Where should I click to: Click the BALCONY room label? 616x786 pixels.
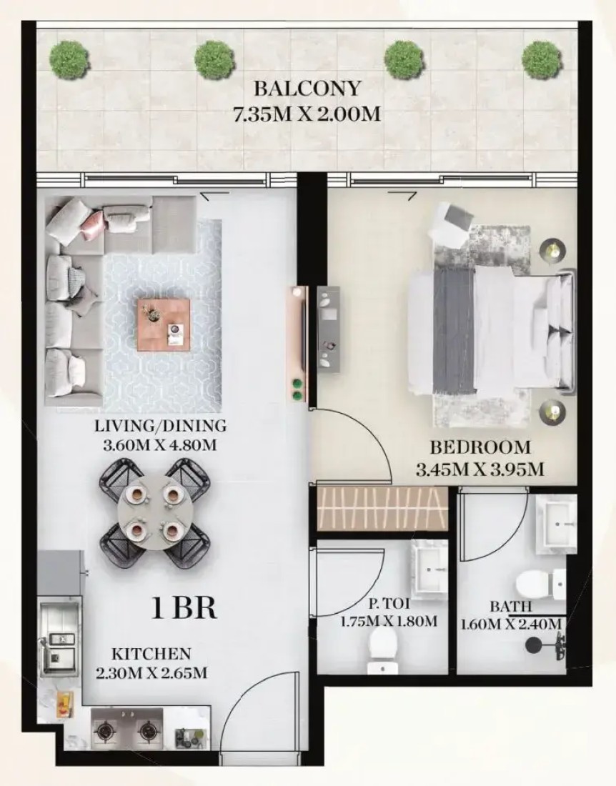(307, 88)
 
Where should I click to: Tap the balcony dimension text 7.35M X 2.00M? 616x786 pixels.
(307, 114)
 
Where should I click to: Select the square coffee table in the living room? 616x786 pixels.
(164, 325)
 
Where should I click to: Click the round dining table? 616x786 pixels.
(154, 512)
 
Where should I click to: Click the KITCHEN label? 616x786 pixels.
(151, 654)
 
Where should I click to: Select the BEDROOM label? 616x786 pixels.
(480, 447)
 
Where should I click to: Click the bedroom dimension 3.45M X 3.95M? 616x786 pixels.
(480, 469)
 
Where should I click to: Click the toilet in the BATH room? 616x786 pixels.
(541, 585)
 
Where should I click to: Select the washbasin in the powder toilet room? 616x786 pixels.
(429, 568)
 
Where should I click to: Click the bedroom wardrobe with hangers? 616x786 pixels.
(382, 508)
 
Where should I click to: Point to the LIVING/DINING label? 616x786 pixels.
(160, 426)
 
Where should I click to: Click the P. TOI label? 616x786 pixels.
(389, 605)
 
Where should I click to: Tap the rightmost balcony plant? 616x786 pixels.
(541, 59)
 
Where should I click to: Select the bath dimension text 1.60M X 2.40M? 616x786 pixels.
(511, 624)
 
